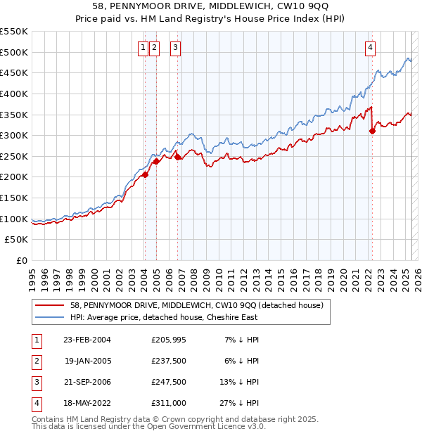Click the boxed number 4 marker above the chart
(370, 48)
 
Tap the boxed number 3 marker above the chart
(175, 48)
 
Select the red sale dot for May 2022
(372, 132)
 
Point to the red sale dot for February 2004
(145, 175)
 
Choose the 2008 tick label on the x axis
(193, 274)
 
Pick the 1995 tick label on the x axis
(32, 274)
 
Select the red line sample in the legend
(50, 305)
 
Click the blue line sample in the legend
(50, 317)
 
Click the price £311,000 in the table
(169, 403)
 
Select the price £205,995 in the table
(169, 340)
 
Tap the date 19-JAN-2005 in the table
(87, 361)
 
